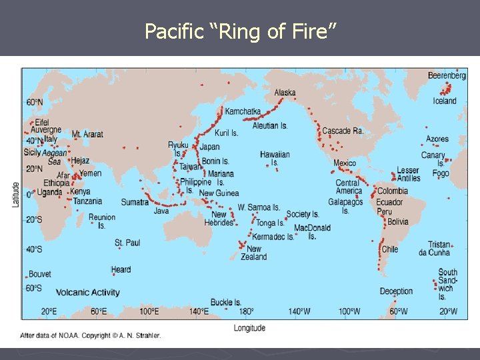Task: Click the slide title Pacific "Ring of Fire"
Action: click(x=240, y=31)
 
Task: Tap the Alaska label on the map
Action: click(x=285, y=93)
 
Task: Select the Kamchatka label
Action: click(x=243, y=111)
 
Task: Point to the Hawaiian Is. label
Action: click(x=275, y=159)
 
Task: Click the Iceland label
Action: click(x=445, y=101)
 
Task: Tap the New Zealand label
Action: click(x=253, y=253)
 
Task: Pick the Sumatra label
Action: click(x=134, y=202)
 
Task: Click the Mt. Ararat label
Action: click(x=87, y=134)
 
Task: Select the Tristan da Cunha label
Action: click(x=435, y=249)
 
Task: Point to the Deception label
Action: click(x=396, y=291)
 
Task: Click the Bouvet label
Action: click(x=40, y=274)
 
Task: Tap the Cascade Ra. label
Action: click(x=343, y=131)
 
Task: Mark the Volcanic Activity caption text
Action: click(x=87, y=293)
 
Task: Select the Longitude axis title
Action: click(x=249, y=327)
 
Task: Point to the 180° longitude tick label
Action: click(x=246, y=311)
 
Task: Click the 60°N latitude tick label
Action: click(x=35, y=103)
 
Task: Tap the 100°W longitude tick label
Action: click(x=347, y=311)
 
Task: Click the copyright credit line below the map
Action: click(x=91, y=335)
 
